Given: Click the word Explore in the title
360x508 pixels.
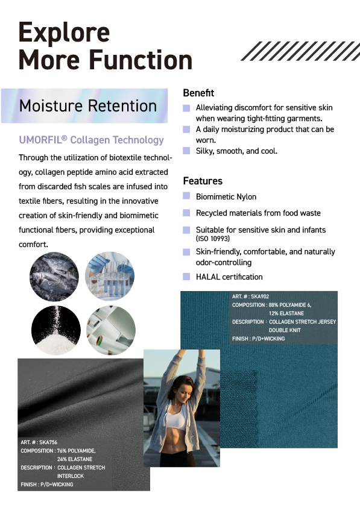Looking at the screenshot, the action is (x=64, y=32).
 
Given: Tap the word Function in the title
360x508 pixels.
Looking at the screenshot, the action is (x=141, y=60).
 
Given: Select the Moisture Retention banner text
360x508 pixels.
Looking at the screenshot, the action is (x=88, y=105).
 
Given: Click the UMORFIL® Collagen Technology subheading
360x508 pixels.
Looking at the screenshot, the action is (x=92, y=140).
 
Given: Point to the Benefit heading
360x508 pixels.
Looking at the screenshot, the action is (x=198, y=93).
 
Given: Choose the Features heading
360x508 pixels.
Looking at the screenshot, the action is (x=203, y=181).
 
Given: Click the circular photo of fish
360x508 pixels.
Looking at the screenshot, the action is (x=54, y=277).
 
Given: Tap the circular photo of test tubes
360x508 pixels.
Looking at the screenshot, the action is (x=110, y=276).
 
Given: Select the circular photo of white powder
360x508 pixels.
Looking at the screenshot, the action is (x=56, y=330).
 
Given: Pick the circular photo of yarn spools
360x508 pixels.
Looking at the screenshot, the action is (x=111, y=330).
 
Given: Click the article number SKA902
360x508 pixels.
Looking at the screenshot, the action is (x=260, y=296).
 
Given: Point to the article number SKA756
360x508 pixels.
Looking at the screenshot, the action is (x=48, y=442).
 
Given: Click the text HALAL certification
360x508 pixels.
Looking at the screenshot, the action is (x=229, y=277).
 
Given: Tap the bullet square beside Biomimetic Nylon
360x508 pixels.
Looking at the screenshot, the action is (x=186, y=196).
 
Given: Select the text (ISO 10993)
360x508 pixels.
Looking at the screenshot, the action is (x=213, y=239).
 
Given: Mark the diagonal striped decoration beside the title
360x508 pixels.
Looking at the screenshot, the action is (x=300, y=51).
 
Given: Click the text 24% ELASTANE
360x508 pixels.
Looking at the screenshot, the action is (x=75, y=459).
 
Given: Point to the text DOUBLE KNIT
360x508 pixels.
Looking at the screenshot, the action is (x=285, y=330).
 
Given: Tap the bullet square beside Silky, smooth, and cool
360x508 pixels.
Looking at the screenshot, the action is (x=186, y=150).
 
